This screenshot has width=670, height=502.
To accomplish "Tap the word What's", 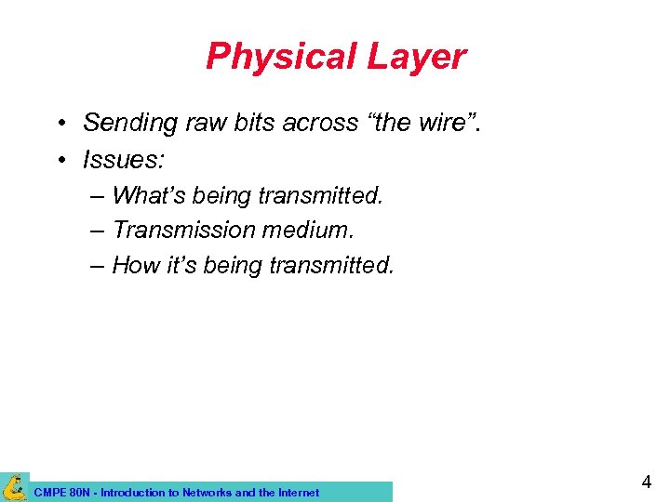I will (x=148, y=196).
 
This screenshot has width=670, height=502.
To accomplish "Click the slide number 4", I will (x=646, y=482).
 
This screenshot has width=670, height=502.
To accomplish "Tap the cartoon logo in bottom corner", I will (x=14, y=486).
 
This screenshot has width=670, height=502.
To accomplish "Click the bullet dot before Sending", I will (x=59, y=124).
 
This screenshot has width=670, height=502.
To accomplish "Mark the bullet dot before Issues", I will (x=59, y=161).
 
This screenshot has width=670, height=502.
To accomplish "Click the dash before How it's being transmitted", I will (x=98, y=265).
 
